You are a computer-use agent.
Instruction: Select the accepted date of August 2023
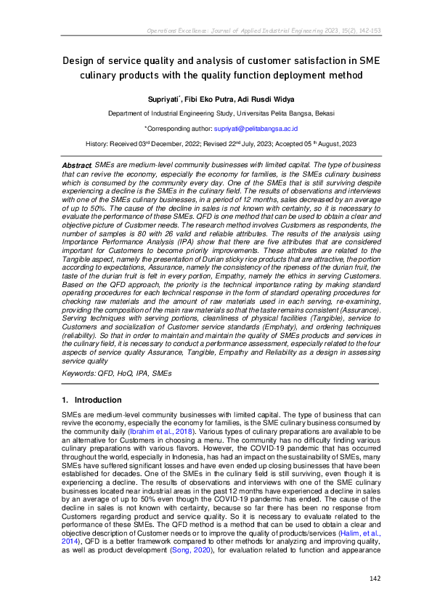(317, 145)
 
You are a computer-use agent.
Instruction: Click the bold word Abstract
(77, 167)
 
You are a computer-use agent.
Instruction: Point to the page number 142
(375, 578)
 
